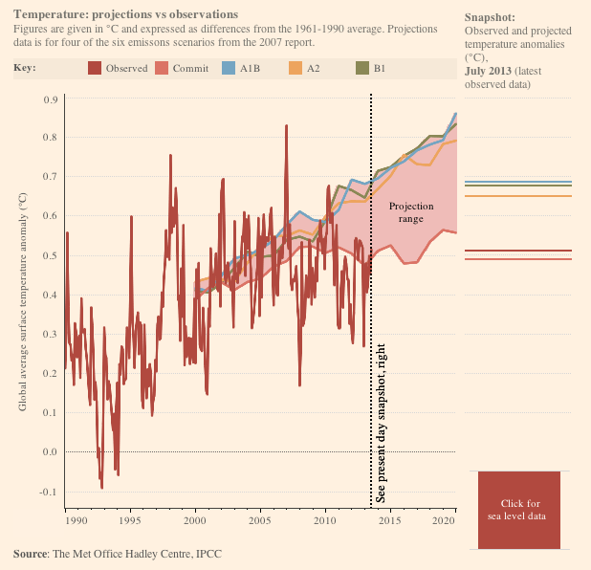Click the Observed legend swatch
[x=95, y=69]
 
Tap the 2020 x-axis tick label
[x=443, y=521]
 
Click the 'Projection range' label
[x=411, y=212]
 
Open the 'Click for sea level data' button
[x=519, y=510]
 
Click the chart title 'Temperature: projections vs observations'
[x=126, y=14]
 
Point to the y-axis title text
[x=23, y=301]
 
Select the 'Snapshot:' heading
[x=490, y=18]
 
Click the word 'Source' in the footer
[x=30, y=554]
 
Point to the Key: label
[x=26, y=69]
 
